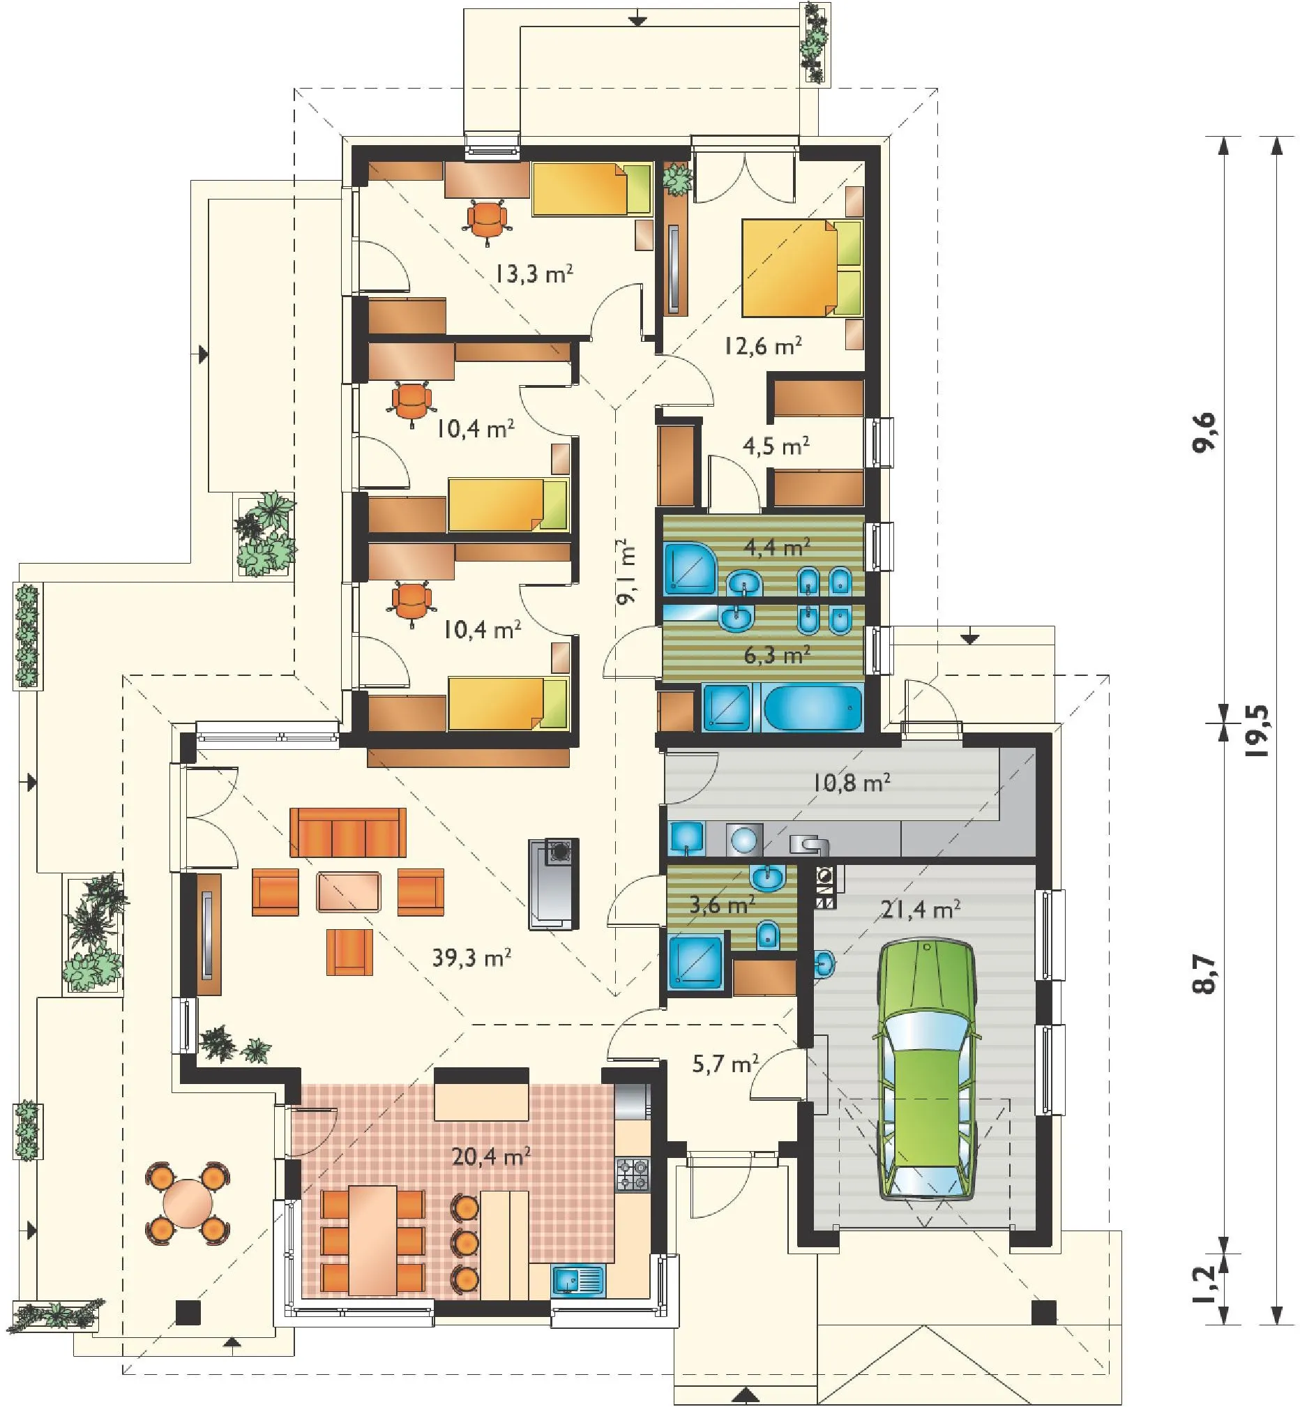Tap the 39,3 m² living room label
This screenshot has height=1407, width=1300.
(471, 958)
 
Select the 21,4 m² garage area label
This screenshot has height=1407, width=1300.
(921, 910)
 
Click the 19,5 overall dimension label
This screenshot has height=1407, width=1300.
(1257, 730)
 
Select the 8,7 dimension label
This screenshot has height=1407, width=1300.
(1207, 974)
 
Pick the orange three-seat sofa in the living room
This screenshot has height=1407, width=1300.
(348, 832)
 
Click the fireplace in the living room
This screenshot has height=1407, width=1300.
(554, 885)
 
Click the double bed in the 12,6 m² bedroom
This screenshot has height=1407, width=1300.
(801, 267)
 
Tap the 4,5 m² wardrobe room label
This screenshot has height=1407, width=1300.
(776, 445)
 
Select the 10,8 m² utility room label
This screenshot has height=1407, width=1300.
(852, 781)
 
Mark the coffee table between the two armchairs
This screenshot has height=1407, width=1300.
(349, 892)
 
